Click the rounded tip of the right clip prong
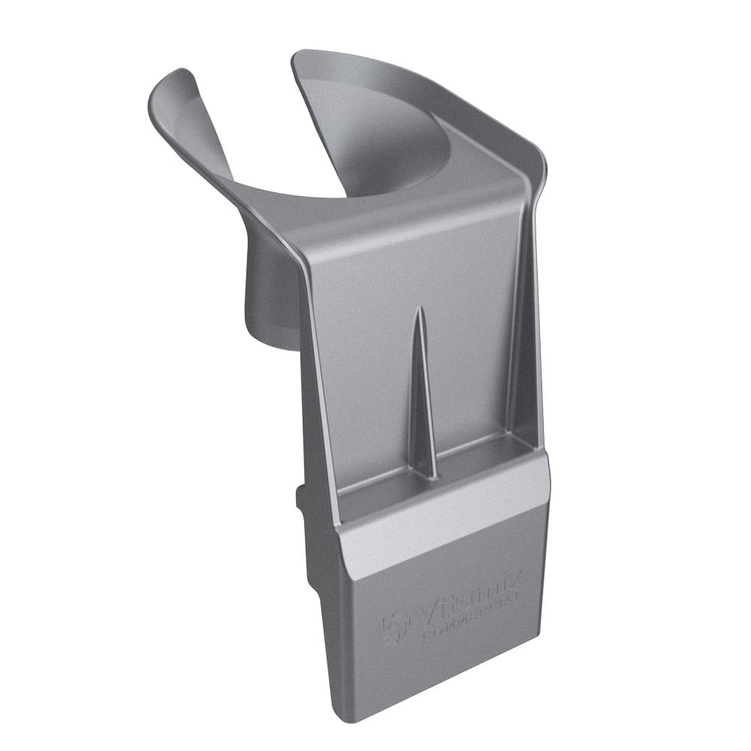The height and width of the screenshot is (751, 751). point(304,60)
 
